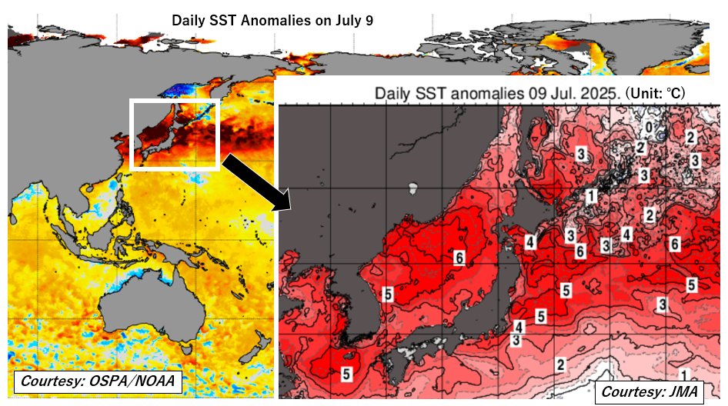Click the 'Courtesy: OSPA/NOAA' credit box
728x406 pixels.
point(97,381)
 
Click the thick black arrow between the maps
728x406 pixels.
point(255,181)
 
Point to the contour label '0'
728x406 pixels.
point(650,127)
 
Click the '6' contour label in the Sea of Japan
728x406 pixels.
point(459,258)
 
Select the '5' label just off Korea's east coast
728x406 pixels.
point(388,294)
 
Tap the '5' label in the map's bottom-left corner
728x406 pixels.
point(346,374)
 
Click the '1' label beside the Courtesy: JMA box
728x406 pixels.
point(685,374)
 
